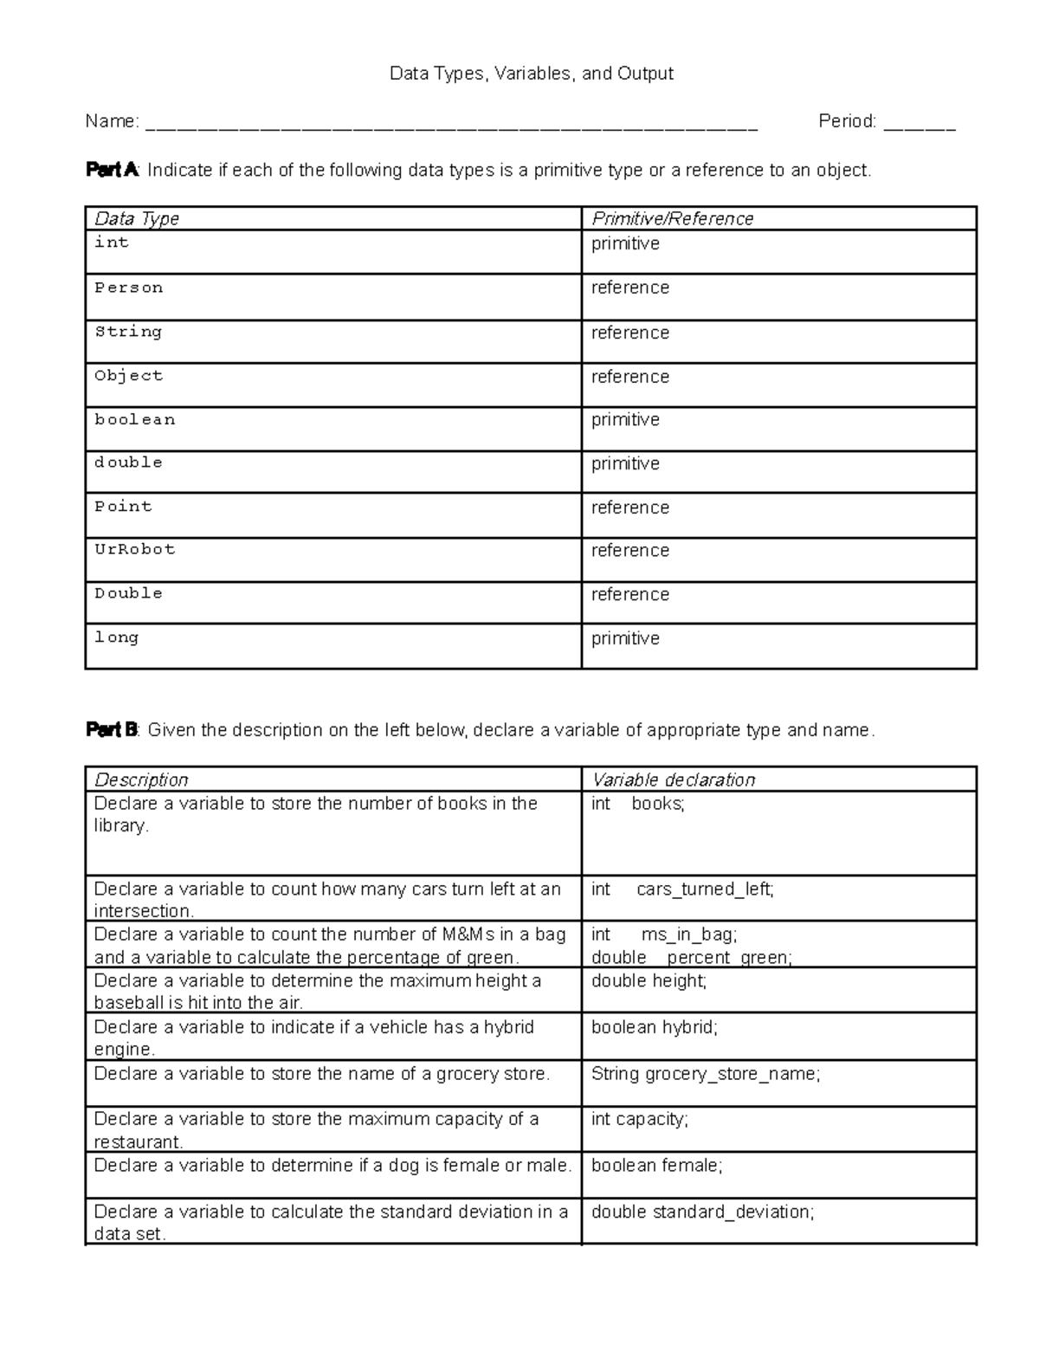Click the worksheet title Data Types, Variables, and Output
point(531,74)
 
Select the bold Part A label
point(112,170)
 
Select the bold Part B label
point(112,730)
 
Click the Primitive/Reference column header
point(672,219)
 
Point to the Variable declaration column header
point(673,779)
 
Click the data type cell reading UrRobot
point(135,549)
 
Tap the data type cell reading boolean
point(135,419)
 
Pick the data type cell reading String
point(128,332)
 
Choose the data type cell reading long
point(117,637)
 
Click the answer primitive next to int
point(625,244)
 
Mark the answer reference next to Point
point(629,508)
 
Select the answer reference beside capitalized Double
point(629,594)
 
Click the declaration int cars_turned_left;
point(682,889)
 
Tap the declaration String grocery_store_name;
point(705,1074)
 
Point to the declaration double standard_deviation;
point(702,1212)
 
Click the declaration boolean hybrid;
point(654,1027)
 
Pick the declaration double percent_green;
point(691,957)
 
